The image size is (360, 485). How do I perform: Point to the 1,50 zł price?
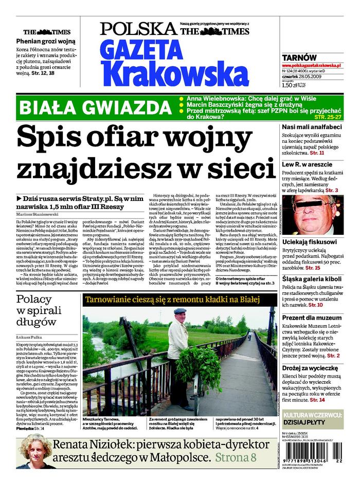tap(290, 86)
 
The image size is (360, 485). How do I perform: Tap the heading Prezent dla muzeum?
tap(312, 318)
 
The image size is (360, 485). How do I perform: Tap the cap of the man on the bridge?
tap(179, 311)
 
